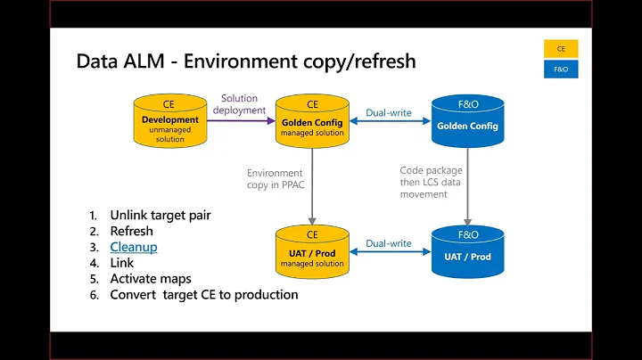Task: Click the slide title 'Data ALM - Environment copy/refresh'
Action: point(245,61)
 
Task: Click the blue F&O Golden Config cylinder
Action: point(466,123)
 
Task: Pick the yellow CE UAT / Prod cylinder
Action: point(311,253)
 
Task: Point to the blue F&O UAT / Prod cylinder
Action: point(466,253)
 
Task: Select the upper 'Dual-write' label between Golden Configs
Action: point(389,113)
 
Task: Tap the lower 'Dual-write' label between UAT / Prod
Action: point(389,242)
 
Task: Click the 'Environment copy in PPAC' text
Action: point(275,180)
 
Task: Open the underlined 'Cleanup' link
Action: point(133,247)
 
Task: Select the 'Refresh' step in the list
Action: point(131,231)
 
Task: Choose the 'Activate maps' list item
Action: point(150,279)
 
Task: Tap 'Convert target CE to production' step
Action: point(203,295)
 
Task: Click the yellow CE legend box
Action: point(561,48)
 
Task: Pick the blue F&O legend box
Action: point(561,69)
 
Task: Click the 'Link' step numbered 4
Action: point(121,263)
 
